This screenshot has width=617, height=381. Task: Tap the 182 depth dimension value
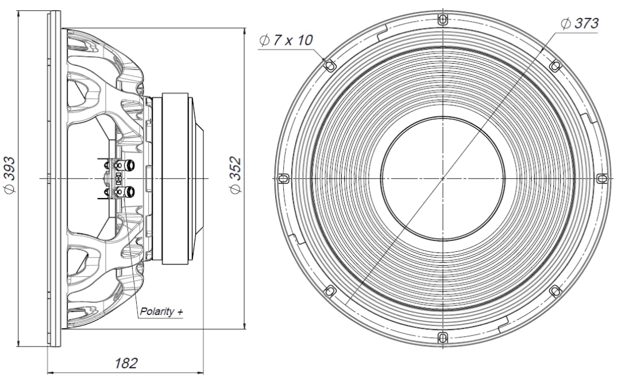(x=126, y=363)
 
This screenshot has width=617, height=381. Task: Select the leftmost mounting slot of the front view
(x=282, y=178)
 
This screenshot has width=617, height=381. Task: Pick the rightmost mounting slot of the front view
(x=601, y=178)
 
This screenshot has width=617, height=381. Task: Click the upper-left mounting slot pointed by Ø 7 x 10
(x=329, y=65)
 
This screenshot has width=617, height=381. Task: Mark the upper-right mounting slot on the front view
(x=554, y=65)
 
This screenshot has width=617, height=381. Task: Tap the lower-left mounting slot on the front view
(x=329, y=291)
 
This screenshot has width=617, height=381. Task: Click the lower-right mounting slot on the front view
(x=554, y=291)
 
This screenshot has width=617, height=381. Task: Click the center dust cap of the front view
(x=442, y=178)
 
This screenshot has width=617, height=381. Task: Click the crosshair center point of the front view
(x=442, y=178)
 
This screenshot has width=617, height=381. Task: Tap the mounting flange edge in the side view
(x=53, y=178)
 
